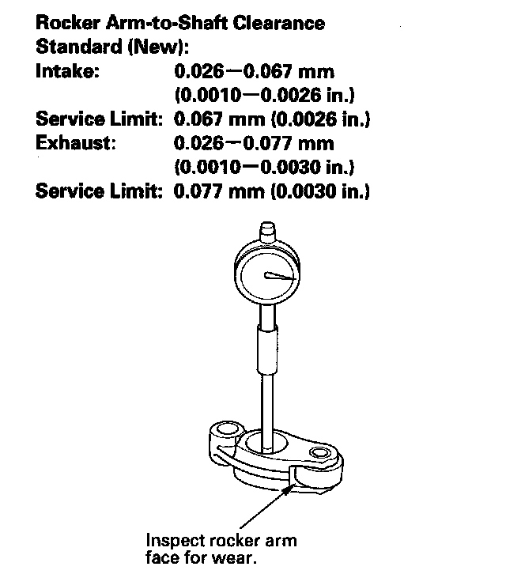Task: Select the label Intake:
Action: (x=68, y=73)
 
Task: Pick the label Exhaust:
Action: (x=76, y=144)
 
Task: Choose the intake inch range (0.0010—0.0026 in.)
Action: (x=263, y=96)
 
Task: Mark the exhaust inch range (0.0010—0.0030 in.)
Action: (x=263, y=168)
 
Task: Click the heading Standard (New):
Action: (x=113, y=47)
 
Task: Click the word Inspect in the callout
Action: (x=173, y=541)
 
